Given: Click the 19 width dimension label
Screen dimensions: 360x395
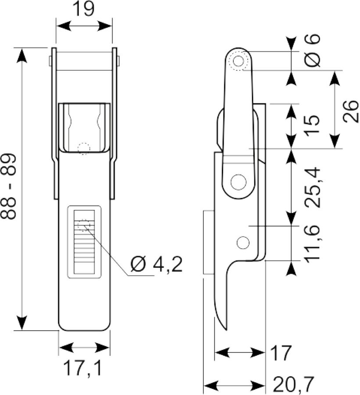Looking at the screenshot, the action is click(x=84, y=9).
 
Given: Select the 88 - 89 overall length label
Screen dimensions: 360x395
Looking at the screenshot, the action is click(x=9, y=186).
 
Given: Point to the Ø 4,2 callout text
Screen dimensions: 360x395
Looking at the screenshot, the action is click(x=157, y=265).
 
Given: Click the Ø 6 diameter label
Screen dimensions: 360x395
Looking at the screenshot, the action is click(x=312, y=51).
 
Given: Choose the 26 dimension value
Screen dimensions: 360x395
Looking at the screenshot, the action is click(x=351, y=111).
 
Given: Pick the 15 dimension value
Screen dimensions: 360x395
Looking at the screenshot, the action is click(x=312, y=126).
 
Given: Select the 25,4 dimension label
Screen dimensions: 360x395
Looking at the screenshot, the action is click(x=312, y=187).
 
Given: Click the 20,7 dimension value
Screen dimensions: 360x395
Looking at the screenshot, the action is click(x=293, y=384).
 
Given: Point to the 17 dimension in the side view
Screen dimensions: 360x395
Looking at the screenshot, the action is click(x=281, y=353).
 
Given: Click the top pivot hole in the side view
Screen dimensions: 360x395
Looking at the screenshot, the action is click(x=239, y=61).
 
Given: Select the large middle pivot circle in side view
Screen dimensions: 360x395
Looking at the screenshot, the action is click(x=239, y=182).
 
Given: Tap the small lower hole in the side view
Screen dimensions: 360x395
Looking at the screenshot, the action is click(x=243, y=243).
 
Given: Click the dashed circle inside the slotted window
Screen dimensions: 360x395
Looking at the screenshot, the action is click(x=84, y=225).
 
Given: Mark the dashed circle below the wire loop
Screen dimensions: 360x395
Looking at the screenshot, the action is click(x=84, y=149).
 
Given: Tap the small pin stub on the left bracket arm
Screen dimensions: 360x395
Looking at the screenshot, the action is click(x=50, y=61).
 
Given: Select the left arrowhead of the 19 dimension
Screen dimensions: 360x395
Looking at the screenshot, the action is click(x=63, y=26).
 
